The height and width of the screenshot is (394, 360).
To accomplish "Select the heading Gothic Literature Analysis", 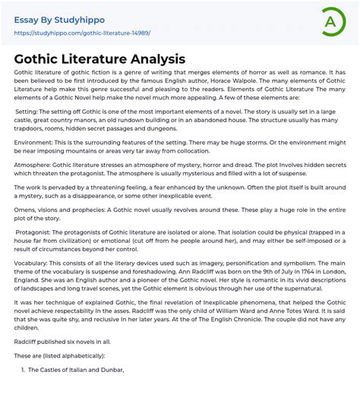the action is pyautogui.click(x=99, y=58).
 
